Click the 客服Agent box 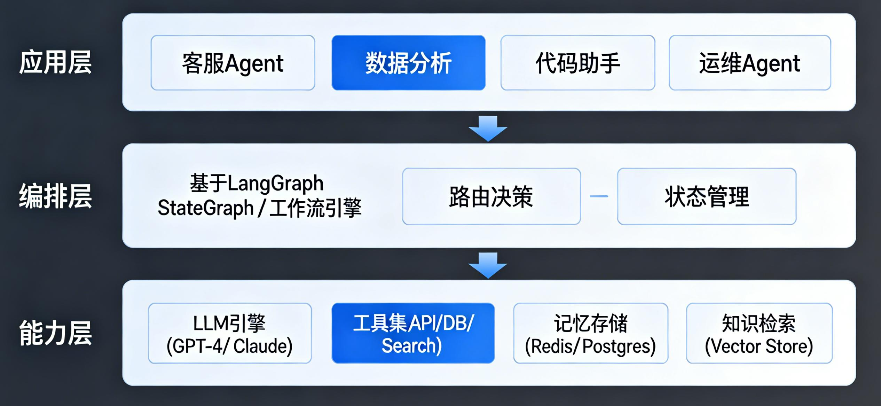coord(233,63)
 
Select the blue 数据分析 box coord(408,63)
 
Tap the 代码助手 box coord(577,63)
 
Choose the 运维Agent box coord(749,63)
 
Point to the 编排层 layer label coord(55,196)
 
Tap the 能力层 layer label coord(55,333)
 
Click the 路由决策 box coord(491,196)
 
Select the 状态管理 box coord(707,196)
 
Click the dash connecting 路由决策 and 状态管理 coord(599,196)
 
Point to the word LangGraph coord(275,184)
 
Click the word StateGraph coord(205,208)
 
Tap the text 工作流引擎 coord(315,208)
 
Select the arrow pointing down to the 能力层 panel coord(488,265)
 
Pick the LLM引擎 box coord(230,333)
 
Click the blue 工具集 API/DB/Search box coord(413,333)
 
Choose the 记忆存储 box coord(590,333)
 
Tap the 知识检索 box coord(759,333)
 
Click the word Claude coord(263,346)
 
